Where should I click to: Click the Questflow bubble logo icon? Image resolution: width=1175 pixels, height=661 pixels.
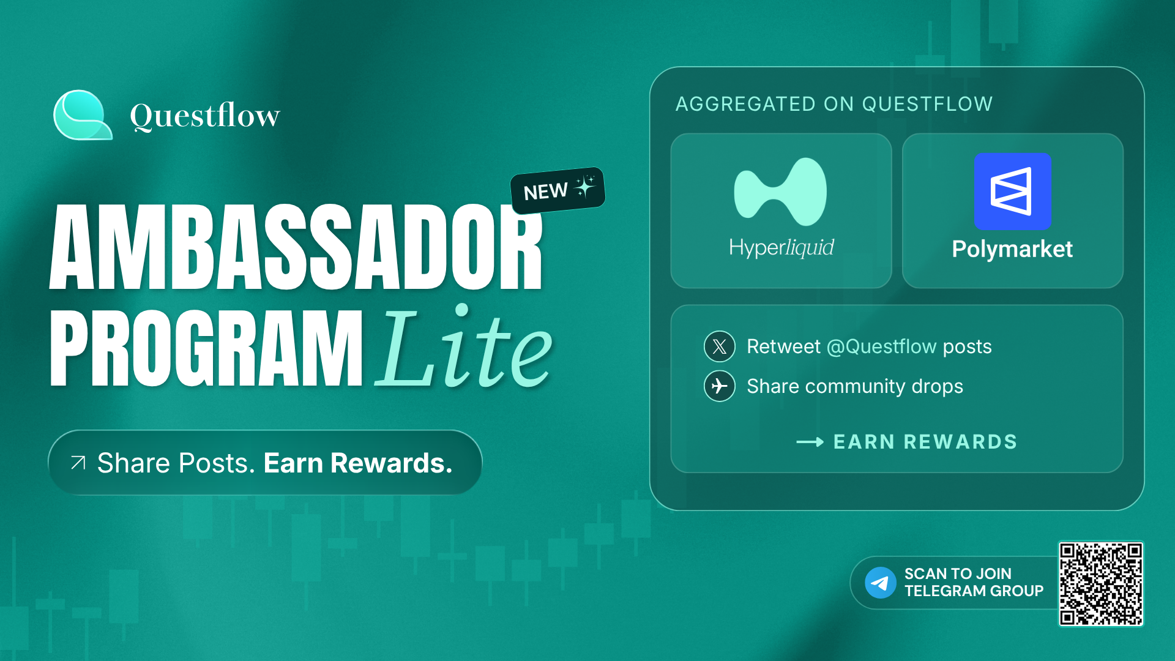click(x=83, y=115)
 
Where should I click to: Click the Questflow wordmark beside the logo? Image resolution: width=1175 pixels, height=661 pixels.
click(x=205, y=115)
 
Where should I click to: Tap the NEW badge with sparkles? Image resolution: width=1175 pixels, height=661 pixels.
click(x=558, y=190)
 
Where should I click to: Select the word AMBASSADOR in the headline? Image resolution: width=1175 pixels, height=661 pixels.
click(x=296, y=247)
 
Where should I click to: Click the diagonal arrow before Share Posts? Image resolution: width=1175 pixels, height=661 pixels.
click(x=78, y=463)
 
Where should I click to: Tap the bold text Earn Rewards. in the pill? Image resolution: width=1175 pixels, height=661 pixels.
click(x=358, y=463)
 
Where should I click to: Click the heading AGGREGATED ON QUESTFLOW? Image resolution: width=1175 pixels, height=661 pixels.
click(x=834, y=104)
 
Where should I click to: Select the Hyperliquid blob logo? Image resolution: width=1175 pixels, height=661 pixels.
click(x=780, y=192)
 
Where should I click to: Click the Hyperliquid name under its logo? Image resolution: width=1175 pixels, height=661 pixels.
click(x=781, y=248)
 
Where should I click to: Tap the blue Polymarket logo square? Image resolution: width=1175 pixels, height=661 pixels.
click(x=1012, y=192)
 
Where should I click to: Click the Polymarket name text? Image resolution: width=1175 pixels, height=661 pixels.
click(x=1012, y=249)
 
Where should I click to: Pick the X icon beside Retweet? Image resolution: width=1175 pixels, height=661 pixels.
click(x=720, y=346)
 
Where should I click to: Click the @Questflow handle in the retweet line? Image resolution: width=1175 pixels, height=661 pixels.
click(x=882, y=346)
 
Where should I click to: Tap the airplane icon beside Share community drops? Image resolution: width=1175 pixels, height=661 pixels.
click(x=720, y=386)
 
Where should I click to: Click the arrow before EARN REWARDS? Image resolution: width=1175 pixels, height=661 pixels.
click(x=810, y=442)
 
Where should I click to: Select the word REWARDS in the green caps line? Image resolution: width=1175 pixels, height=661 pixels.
click(x=960, y=442)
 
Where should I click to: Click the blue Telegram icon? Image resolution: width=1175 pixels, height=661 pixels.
click(x=881, y=583)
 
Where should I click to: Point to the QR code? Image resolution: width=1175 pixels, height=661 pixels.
click(x=1101, y=584)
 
